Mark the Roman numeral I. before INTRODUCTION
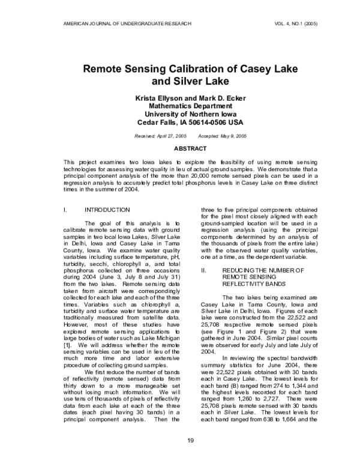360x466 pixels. [x=65, y=210]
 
